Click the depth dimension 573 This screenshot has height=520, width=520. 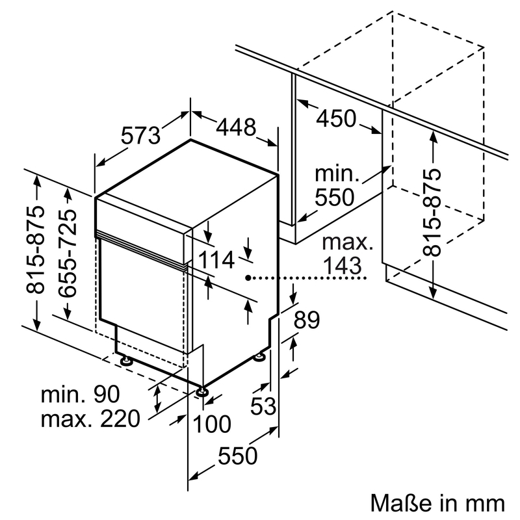pos(140,136)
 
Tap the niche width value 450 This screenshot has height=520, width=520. pos(337,119)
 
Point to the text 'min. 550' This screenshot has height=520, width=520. pos(337,186)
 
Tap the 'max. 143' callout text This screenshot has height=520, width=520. pos(348,254)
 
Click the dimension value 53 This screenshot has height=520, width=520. pos(263,406)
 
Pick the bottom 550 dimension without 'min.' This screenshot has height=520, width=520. pos(238,456)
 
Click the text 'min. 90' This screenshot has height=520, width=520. pos(81,394)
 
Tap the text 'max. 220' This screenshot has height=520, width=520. pos(90,419)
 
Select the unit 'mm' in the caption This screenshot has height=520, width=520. pos(484,502)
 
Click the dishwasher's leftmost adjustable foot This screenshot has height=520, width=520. pos(124,358)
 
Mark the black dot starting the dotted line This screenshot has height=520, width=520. pos(249,278)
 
